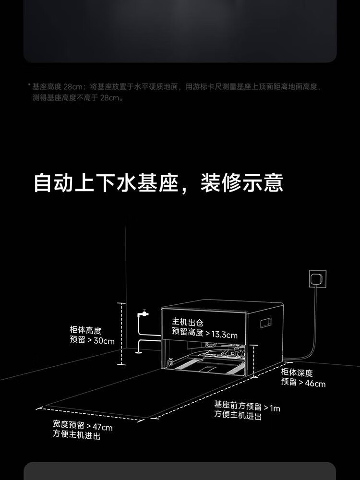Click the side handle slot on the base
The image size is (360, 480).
266,323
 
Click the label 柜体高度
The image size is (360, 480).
85,331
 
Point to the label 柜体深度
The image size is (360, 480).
297,372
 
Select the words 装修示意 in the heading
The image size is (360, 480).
242,183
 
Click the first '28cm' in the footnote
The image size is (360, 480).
73,87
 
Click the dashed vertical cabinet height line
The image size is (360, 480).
122,334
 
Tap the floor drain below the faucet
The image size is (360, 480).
138,352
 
